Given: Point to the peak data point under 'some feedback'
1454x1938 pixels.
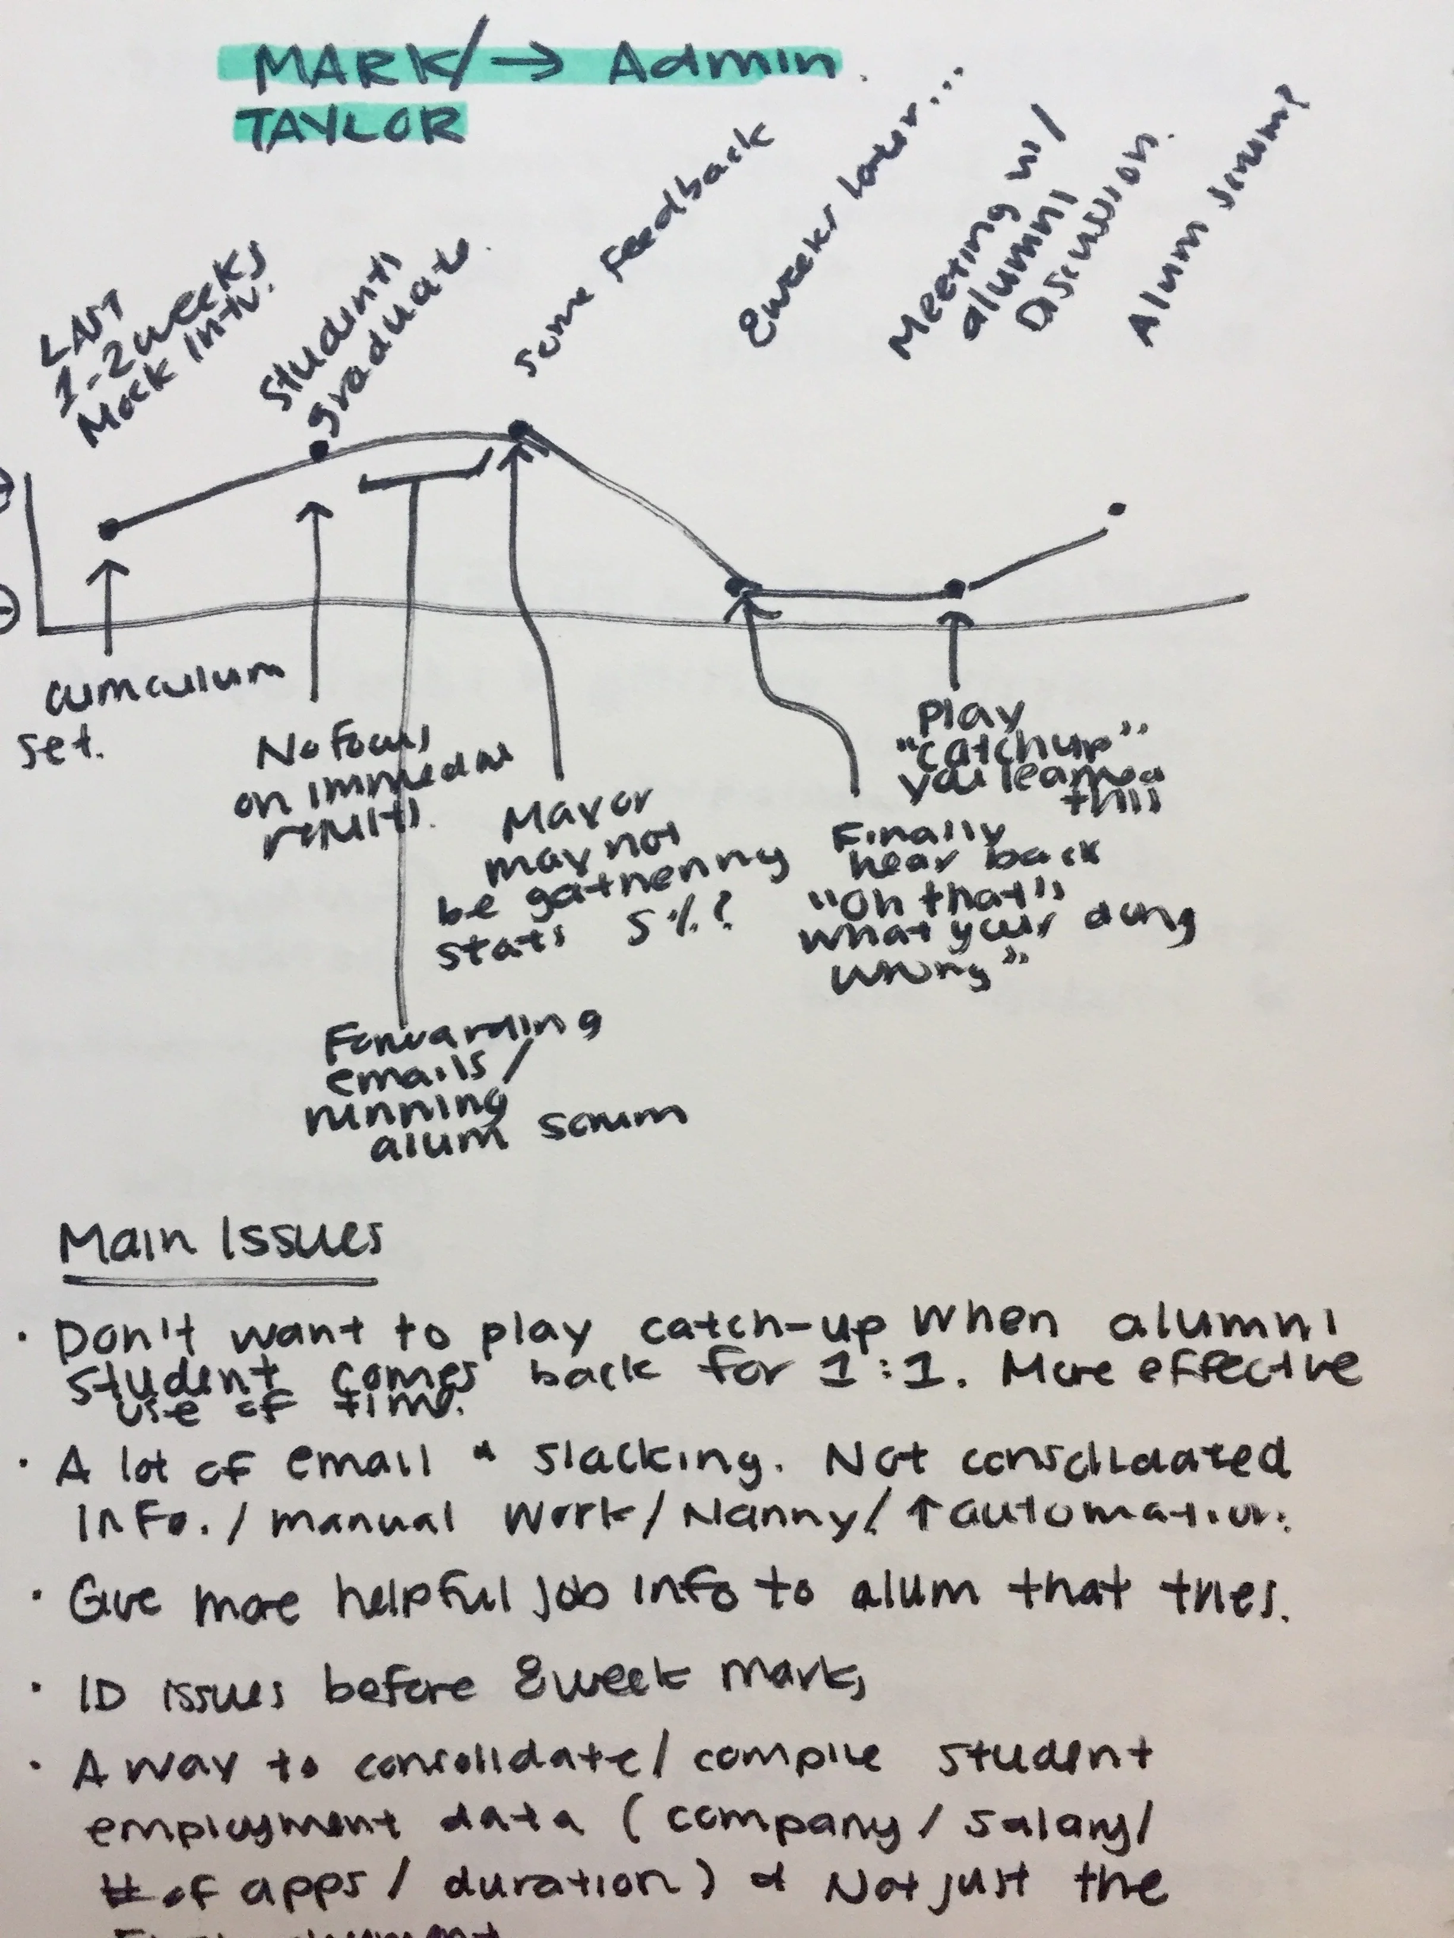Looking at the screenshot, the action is coord(520,427).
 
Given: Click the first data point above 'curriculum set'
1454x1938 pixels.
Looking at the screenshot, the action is coord(109,529).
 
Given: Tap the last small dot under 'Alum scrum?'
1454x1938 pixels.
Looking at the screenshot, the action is coord(1115,508).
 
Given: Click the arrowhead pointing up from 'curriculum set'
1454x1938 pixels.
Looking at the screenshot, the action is coord(109,569).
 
